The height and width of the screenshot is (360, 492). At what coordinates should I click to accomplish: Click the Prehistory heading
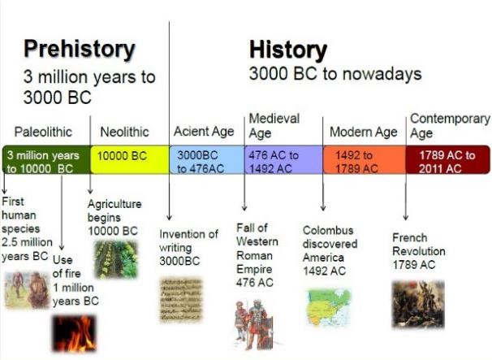(79, 49)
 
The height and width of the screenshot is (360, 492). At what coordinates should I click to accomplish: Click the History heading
(287, 50)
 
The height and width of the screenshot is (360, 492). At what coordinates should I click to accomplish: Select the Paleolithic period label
(43, 132)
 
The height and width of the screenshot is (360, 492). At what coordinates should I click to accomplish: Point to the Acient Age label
(204, 132)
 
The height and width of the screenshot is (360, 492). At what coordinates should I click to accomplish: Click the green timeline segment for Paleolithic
(45, 160)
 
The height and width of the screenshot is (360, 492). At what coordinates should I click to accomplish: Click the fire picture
(75, 333)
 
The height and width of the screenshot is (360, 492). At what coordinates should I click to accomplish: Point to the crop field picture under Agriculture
(115, 259)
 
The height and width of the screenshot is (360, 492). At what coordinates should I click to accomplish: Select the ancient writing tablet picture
(181, 300)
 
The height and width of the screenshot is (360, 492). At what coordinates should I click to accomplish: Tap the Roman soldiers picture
(253, 323)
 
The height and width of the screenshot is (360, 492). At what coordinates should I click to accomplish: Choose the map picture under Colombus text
(328, 308)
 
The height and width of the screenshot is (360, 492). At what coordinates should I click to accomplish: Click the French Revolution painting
(418, 303)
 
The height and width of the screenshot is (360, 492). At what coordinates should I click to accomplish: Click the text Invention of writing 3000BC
(188, 248)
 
